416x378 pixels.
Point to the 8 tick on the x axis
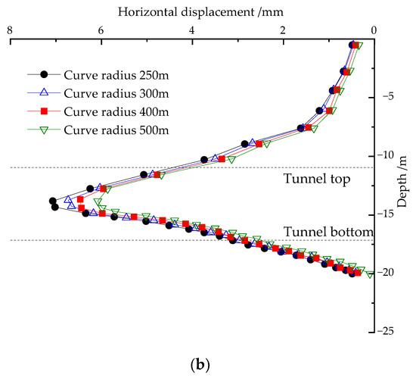point(9,30)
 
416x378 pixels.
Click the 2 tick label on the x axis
point(283,30)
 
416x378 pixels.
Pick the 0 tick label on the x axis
point(374,30)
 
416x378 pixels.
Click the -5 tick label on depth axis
point(387,97)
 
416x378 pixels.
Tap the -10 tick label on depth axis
point(389,155)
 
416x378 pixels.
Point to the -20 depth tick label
point(389,273)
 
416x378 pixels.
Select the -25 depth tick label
point(389,331)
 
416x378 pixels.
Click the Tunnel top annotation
point(317,180)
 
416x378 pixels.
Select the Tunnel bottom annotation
point(328,231)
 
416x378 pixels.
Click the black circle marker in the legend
point(44,74)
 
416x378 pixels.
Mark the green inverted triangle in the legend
point(44,130)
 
